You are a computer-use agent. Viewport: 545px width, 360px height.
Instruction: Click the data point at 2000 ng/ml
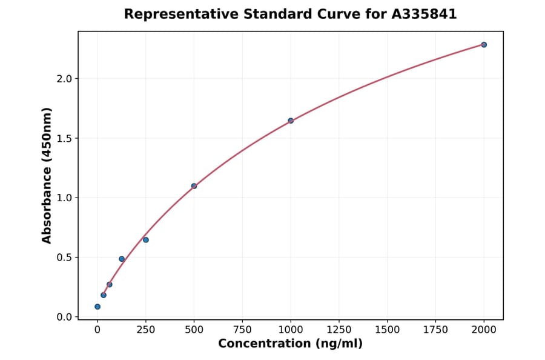coord(484,45)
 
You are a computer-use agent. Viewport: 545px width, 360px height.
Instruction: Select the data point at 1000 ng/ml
coord(291,121)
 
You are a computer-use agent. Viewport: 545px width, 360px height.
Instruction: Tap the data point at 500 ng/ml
coord(194,186)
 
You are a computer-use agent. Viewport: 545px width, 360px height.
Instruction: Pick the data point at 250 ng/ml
coord(146,240)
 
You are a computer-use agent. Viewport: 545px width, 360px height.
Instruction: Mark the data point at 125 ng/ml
coord(122,259)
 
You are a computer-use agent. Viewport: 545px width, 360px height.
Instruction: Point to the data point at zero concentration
coord(97,307)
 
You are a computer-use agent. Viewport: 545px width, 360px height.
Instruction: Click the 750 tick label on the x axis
coord(242,330)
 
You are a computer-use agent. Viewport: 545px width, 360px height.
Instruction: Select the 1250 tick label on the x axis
coord(339,330)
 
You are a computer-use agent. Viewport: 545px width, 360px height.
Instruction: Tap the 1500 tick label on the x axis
coord(388,330)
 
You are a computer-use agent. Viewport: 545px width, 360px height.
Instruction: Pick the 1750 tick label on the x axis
coord(435,330)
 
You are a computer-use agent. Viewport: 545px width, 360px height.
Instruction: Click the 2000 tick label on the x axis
coord(484,330)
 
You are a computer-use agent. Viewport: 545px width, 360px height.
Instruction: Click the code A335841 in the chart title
coord(423,14)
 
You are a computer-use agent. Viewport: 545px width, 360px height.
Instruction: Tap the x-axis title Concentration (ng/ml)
coord(290,344)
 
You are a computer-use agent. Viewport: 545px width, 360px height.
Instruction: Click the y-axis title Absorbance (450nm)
coord(47,175)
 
